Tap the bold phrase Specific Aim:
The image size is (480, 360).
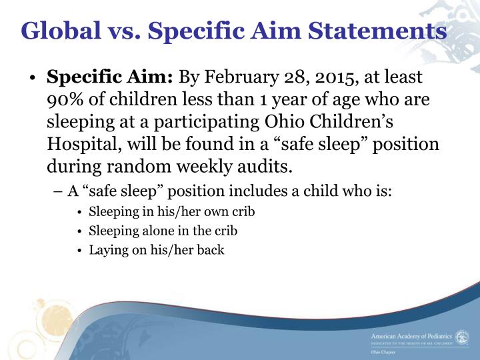(x=110, y=77)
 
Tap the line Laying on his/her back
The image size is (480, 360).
(x=147, y=251)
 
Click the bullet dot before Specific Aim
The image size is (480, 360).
(x=31, y=78)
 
